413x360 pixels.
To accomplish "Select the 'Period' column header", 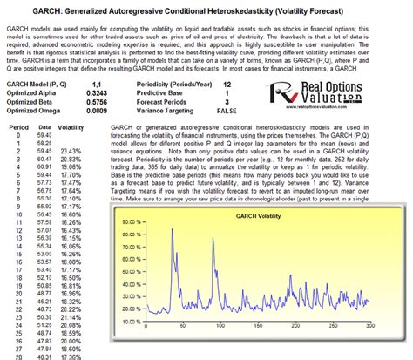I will (20, 126).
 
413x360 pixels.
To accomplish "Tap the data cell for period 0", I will (50, 137).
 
